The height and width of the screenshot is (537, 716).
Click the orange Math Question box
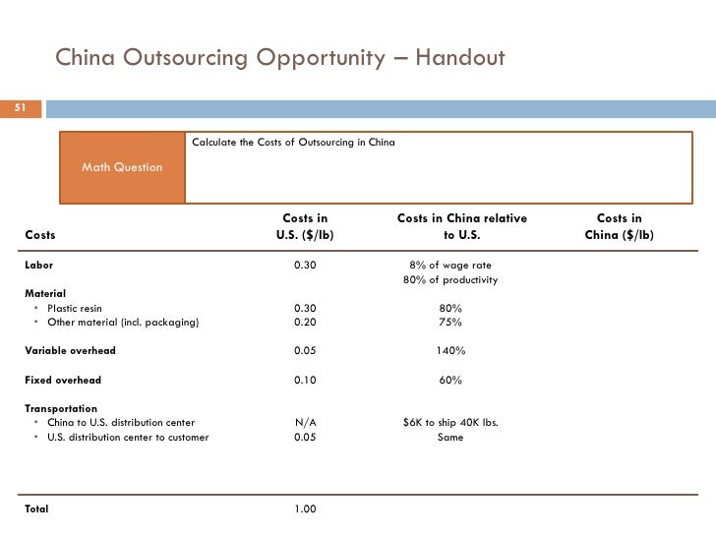tap(122, 167)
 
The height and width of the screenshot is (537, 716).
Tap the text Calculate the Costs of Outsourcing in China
tap(293, 143)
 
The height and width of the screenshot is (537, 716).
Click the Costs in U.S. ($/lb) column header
tap(305, 227)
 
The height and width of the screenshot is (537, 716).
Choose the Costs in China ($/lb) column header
tap(620, 227)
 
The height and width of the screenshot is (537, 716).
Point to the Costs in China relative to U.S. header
tap(461, 227)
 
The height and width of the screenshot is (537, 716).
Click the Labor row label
tap(38, 266)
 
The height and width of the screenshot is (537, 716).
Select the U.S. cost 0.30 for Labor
tap(305, 266)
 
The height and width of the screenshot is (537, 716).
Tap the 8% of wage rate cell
tap(450, 266)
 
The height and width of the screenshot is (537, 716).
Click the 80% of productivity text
tap(450, 280)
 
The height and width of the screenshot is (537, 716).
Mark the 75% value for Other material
tap(450, 323)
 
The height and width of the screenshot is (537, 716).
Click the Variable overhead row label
tap(70, 350)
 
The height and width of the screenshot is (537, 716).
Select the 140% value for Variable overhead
tap(450, 350)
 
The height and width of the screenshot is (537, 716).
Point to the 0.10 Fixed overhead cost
tap(305, 380)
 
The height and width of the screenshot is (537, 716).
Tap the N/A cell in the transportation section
tap(305, 423)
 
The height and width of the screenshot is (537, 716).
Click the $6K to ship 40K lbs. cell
tap(450, 423)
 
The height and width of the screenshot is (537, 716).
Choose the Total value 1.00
tap(305, 509)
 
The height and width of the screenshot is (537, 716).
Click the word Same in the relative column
tap(450, 438)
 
